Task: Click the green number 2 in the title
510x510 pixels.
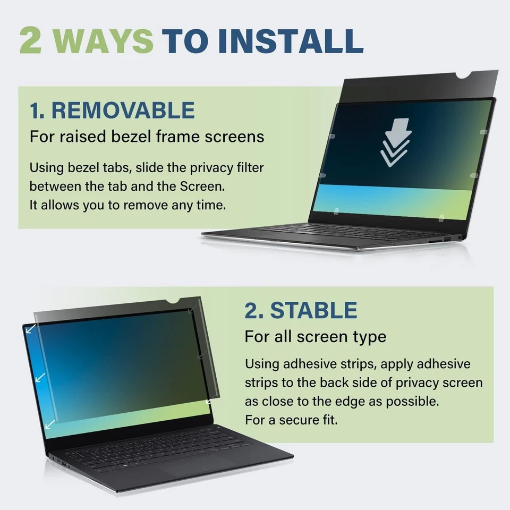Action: point(30,40)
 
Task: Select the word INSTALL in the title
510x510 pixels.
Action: point(291,40)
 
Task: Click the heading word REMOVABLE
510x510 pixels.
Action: point(124,110)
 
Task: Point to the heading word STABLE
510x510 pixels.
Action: point(313,311)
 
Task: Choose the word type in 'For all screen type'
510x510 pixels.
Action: point(369,336)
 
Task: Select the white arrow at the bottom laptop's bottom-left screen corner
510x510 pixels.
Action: point(49,423)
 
